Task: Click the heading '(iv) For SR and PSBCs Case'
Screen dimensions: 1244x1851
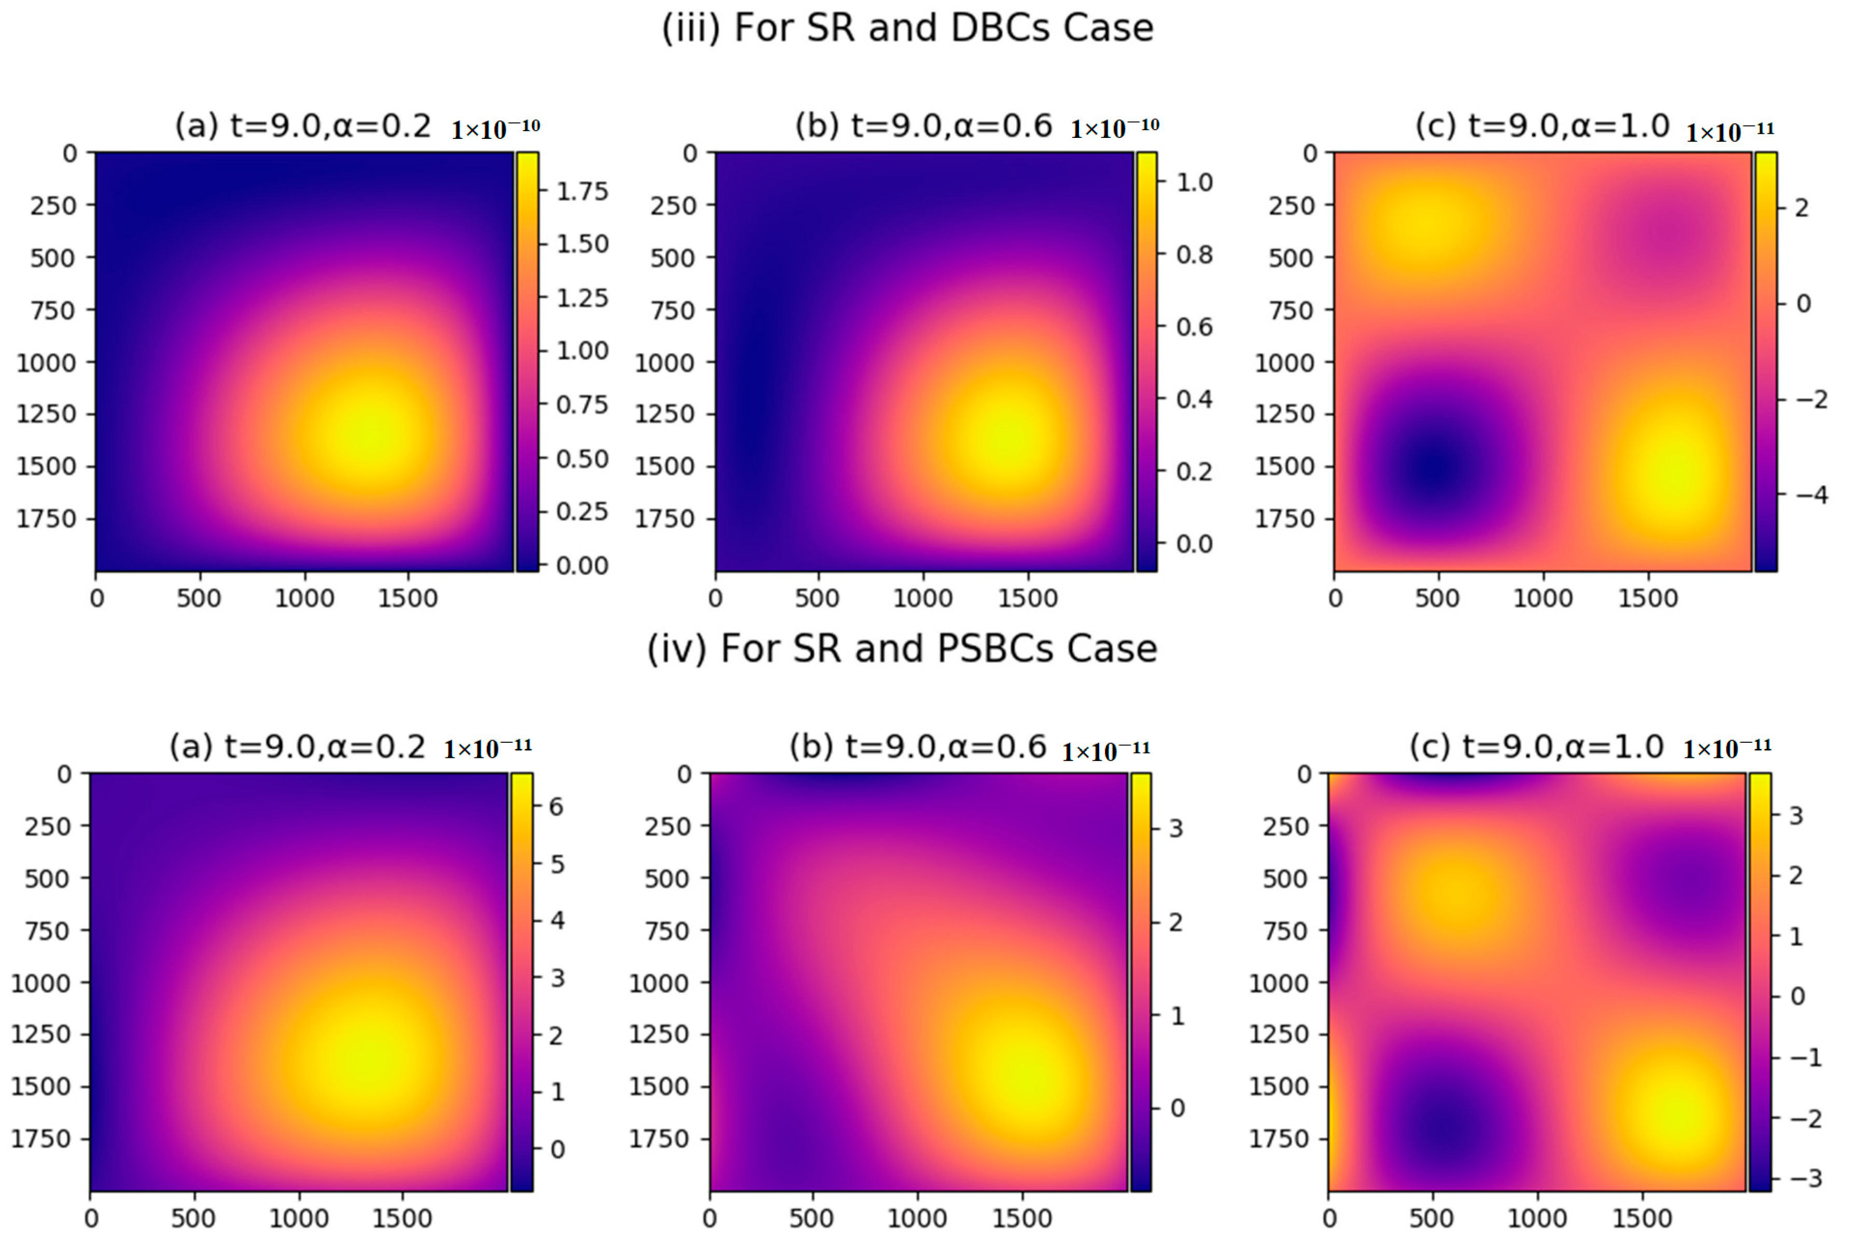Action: pyautogui.click(x=902, y=649)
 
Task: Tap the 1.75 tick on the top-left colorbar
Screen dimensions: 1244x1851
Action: pyautogui.click(x=582, y=191)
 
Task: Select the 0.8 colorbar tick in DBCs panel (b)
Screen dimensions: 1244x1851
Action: pyautogui.click(x=1194, y=255)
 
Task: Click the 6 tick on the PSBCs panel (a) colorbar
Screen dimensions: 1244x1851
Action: pyautogui.click(x=556, y=807)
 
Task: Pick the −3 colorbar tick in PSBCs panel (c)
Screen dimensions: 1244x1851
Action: pyautogui.click(x=1806, y=1178)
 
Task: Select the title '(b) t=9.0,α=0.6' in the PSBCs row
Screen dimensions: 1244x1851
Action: pyautogui.click(x=917, y=746)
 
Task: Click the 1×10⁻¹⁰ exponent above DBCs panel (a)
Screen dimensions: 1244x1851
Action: pyautogui.click(x=495, y=128)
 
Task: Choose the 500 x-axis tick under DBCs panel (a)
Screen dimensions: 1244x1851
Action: pyautogui.click(x=199, y=598)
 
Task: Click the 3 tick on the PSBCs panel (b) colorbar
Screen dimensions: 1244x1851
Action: pyautogui.click(x=1176, y=828)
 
